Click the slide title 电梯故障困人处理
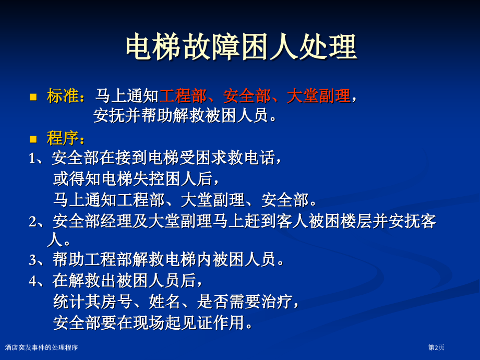[x=241, y=47]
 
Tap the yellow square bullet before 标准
[x=33, y=98]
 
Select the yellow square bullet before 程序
[x=33, y=140]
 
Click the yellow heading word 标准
[x=63, y=95]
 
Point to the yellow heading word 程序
[x=63, y=138]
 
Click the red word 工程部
[x=183, y=95]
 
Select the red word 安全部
[x=247, y=95]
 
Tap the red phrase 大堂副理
[x=319, y=95]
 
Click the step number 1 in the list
[x=32, y=159]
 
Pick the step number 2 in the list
[x=32, y=222]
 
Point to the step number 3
[x=32, y=260]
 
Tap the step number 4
[x=33, y=281]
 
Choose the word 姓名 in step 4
[x=165, y=301]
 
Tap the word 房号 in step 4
[x=117, y=301]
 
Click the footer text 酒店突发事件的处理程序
[x=41, y=347]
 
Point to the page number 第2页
[x=436, y=347]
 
